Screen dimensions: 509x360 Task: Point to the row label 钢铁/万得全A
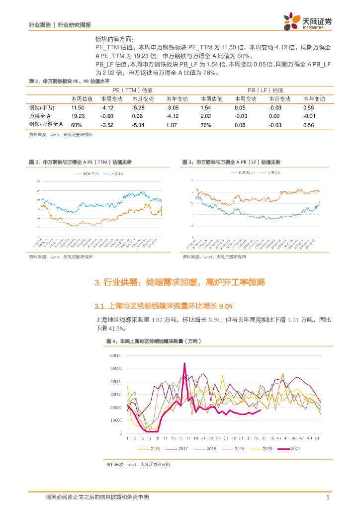pyautogui.click(x=46, y=124)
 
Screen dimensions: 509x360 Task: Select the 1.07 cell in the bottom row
pyautogui.click(x=172, y=124)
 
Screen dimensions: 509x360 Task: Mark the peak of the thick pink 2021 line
pyautogui.click(x=185, y=363)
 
